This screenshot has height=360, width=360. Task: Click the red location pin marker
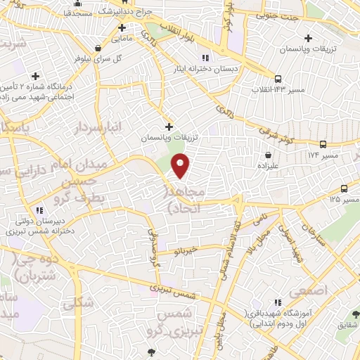(x=181, y=165)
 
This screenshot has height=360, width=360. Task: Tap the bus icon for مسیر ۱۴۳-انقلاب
(x=279, y=79)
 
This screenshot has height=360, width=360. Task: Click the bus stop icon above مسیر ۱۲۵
(x=344, y=188)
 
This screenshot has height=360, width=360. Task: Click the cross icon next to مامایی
(x=122, y=29)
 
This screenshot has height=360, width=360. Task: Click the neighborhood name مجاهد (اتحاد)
(x=184, y=200)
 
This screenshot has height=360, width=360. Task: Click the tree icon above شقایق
(x=355, y=313)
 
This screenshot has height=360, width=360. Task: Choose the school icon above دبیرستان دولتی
(x=40, y=210)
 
